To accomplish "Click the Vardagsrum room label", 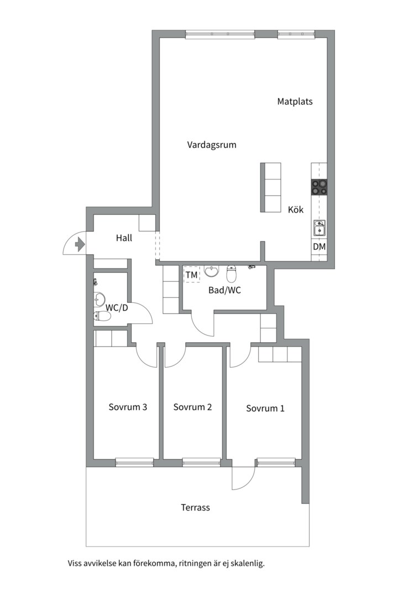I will (x=212, y=145).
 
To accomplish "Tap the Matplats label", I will (x=295, y=101).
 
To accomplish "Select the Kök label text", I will (x=296, y=210).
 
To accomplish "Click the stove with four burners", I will (x=320, y=187).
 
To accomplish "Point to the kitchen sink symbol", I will (x=320, y=227).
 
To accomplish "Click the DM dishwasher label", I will (x=320, y=246).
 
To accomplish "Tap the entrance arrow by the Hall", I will (x=80, y=244).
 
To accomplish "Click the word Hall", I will (x=124, y=238).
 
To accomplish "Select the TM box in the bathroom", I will (x=191, y=275).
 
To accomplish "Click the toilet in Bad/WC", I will (x=232, y=274).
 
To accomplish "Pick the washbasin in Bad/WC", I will (x=211, y=271).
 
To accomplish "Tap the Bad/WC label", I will (x=224, y=290).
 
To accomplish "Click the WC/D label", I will (x=117, y=307).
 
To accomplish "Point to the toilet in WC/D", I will (x=103, y=316).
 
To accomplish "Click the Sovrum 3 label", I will (x=128, y=407).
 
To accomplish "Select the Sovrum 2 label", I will (x=192, y=407).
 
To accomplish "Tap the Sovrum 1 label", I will (x=265, y=409).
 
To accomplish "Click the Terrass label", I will (x=195, y=507).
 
